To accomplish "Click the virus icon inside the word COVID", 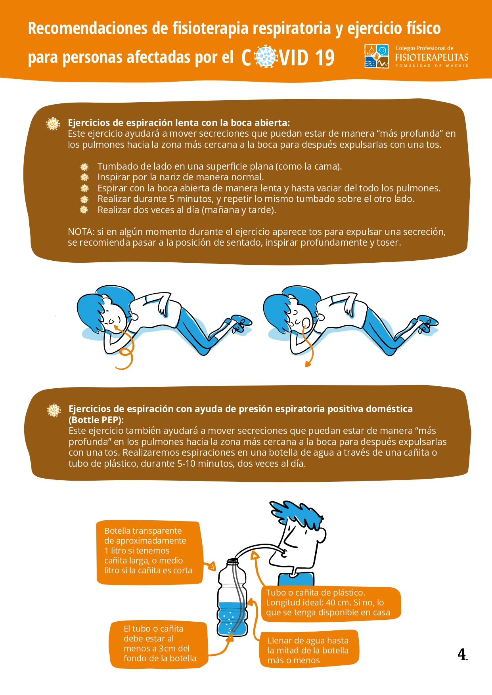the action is pos(266,57).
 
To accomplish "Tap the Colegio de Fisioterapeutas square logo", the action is pos(377,56).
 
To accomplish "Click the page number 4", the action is pos(462,654).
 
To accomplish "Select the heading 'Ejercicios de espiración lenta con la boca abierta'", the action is pos(179,123).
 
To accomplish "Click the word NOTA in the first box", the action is pos(80,232).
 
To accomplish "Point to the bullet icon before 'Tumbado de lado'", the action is pos(84,167).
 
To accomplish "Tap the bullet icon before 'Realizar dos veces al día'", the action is pos(84,210).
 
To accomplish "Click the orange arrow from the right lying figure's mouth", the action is pos(307,345).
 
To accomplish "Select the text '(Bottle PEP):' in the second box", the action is pos(96,420).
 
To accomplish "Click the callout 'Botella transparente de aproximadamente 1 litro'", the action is pos(149,552).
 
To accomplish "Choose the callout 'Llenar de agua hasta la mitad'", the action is pos(309,651).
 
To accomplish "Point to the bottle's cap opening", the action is pos(233,561).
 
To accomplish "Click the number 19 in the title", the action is pos(325,58).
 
